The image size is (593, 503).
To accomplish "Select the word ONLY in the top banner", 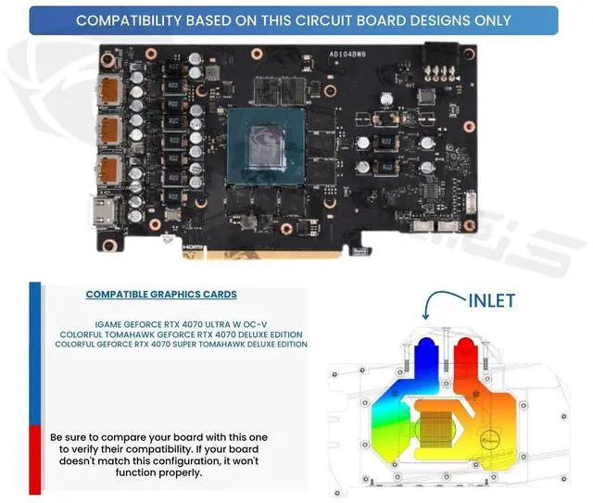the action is (x=492, y=19).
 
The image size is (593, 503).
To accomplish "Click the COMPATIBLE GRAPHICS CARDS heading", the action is (x=161, y=295).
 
